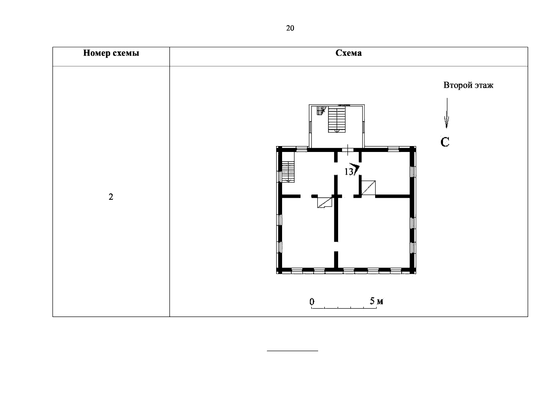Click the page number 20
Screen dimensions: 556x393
(x=290, y=28)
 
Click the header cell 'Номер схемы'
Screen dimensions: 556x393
(x=111, y=53)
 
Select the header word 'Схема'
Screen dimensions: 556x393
(x=349, y=53)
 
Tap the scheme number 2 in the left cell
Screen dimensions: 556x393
(x=111, y=197)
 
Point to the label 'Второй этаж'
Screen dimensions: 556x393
(x=468, y=85)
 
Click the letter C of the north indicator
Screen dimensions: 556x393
(x=445, y=142)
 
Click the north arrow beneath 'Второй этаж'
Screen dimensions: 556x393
(x=447, y=113)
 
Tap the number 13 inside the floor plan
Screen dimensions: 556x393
(x=349, y=172)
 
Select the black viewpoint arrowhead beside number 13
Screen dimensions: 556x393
(x=355, y=168)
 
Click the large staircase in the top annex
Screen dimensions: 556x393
(x=336, y=119)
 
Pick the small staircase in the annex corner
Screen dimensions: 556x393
(x=321, y=110)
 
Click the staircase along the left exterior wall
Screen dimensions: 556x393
(x=288, y=172)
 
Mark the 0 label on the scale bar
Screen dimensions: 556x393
(x=312, y=301)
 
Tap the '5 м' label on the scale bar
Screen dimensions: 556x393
(x=376, y=301)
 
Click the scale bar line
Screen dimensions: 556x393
(x=344, y=308)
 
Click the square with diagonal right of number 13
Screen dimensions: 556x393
(x=368, y=188)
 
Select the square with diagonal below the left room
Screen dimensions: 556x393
(x=325, y=202)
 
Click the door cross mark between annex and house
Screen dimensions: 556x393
(x=348, y=150)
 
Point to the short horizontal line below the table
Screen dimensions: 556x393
(x=292, y=351)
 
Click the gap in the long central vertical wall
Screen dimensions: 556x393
(x=336, y=246)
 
